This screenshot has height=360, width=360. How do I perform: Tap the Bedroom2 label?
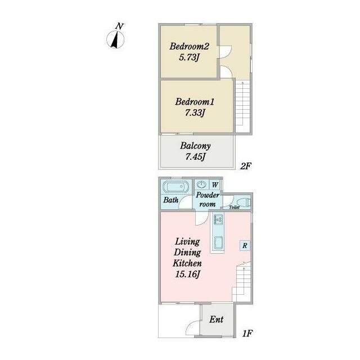click(x=189, y=46)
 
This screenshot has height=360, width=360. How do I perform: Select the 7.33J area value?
click(x=195, y=113)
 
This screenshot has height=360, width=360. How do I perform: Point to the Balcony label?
click(x=195, y=146)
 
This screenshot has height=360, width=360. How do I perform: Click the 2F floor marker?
click(x=246, y=166)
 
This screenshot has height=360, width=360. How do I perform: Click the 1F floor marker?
click(x=247, y=334)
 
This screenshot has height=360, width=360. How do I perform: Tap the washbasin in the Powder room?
click(x=201, y=184)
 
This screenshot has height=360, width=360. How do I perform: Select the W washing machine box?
click(x=215, y=184)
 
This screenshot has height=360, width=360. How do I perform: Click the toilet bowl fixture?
click(x=244, y=202)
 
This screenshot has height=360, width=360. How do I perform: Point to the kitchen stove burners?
click(x=218, y=219)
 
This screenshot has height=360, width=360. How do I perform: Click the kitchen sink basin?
click(x=218, y=243)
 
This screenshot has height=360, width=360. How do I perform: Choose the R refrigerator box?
click(x=245, y=246)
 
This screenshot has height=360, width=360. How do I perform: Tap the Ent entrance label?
click(x=216, y=319)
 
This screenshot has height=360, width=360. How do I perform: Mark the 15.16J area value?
click(x=188, y=274)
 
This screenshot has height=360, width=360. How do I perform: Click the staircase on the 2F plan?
click(x=242, y=106)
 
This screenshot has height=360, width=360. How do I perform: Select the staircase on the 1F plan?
click(x=242, y=283)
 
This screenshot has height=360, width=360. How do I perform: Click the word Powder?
click(x=208, y=195)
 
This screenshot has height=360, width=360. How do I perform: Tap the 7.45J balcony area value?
click(x=195, y=157)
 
